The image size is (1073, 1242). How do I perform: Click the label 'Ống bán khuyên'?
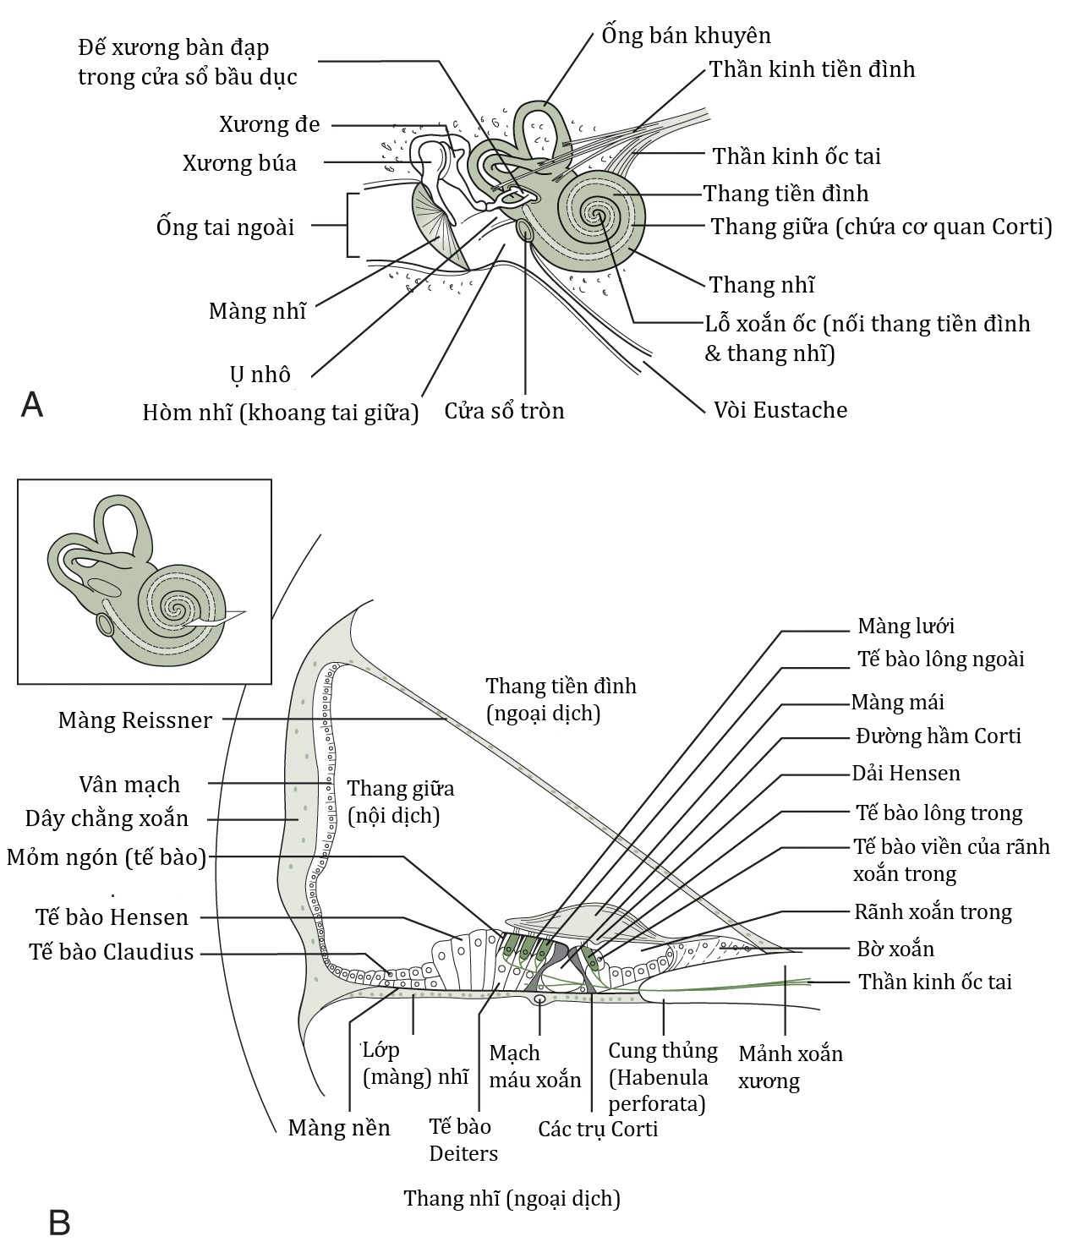click(x=686, y=36)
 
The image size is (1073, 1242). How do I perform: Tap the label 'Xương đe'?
click(x=269, y=125)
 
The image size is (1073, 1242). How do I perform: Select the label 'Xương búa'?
click(x=239, y=163)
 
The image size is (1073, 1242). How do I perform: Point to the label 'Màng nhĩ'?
click(x=256, y=311)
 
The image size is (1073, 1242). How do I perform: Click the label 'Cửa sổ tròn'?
click(x=504, y=411)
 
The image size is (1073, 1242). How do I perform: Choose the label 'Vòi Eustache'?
click(x=780, y=410)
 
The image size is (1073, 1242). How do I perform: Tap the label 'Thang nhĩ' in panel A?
click(x=761, y=285)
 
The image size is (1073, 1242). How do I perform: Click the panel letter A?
click(x=32, y=404)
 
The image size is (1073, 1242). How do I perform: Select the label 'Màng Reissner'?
click(x=134, y=720)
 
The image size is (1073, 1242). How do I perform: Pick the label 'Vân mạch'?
click(x=129, y=785)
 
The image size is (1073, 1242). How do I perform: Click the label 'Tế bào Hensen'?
click(x=112, y=917)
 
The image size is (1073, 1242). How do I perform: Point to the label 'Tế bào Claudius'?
click(x=111, y=952)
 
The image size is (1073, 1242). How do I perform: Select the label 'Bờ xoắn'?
click(x=895, y=949)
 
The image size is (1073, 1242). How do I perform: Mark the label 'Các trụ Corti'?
click(x=598, y=1129)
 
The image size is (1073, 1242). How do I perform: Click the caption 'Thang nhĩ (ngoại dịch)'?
click(x=512, y=1198)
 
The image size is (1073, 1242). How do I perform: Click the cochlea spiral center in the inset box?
click(x=177, y=607)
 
